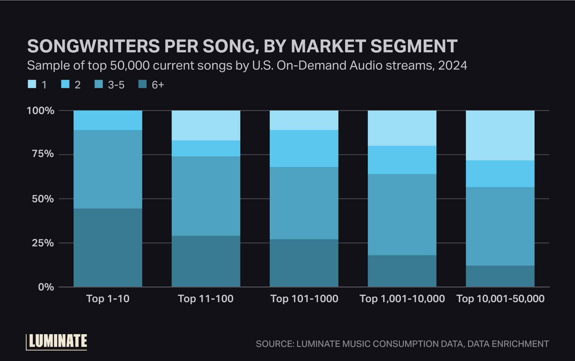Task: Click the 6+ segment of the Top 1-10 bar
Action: click(x=108, y=247)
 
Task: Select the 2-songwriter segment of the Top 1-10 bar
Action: click(x=108, y=120)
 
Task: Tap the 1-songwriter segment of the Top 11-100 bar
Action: click(x=206, y=125)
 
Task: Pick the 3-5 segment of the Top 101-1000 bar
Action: click(x=304, y=203)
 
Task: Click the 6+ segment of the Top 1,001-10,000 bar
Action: click(x=402, y=271)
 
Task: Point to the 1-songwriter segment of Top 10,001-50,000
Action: click(x=500, y=135)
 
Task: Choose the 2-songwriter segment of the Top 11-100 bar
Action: click(x=206, y=148)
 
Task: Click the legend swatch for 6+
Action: click(x=143, y=84)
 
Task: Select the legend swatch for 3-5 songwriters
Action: click(x=99, y=84)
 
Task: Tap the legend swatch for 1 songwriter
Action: click(x=32, y=84)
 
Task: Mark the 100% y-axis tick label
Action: click(x=40, y=111)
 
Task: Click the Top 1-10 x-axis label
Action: click(x=108, y=299)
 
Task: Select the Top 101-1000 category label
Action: click(x=304, y=299)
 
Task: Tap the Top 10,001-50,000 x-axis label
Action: click(x=500, y=299)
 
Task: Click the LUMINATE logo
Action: click(x=57, y=342)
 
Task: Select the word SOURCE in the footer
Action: click(x=274, y=344)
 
